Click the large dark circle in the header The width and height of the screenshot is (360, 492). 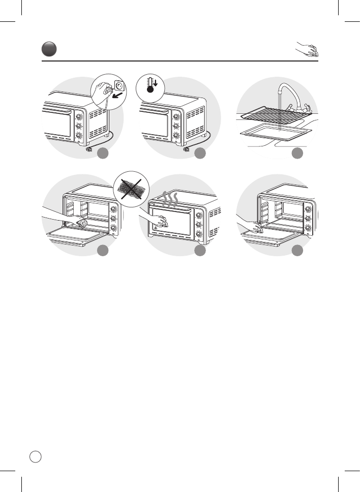(x=49, y=49)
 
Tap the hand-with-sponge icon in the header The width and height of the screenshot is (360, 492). (x=307, y=50)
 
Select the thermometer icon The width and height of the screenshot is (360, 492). (x=150, y=84)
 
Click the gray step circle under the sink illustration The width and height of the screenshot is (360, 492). (x=298, y=153)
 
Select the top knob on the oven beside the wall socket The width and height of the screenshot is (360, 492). (x=80, y=115)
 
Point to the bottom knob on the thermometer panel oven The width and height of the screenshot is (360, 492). (x=176, y=136)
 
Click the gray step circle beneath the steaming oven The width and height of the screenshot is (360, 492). (x=200, y=251)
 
